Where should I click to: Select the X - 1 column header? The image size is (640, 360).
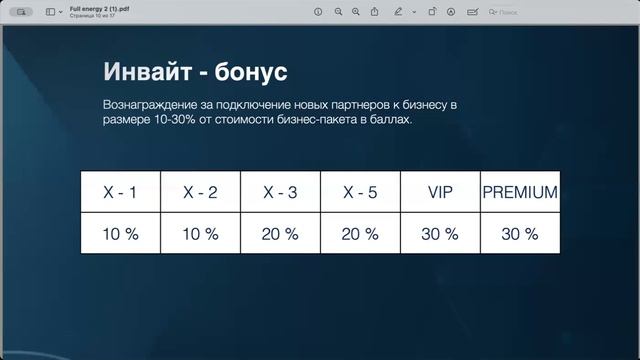pos(120,192)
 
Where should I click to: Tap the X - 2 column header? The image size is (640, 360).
pos(200,192)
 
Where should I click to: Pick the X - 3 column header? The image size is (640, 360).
pos(280,192)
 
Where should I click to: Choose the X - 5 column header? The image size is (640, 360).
pos(360,192)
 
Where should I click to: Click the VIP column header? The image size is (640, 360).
pos(440,192)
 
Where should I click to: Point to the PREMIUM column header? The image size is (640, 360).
pos(520,192)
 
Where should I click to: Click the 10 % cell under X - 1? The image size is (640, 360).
pos(120,234)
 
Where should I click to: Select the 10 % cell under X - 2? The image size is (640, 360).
pos(200,234)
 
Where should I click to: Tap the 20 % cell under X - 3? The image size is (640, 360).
pos(280,234)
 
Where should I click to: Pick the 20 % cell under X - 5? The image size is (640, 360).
pos(360,234)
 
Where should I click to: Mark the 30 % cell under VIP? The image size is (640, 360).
pos(440,234)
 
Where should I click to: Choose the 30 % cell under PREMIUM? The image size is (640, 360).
pos(520,234)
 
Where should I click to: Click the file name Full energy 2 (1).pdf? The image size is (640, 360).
pos(98,7)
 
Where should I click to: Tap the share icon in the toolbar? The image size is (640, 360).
pos(375,11)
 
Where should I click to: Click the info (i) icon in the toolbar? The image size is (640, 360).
pos(318,11)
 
